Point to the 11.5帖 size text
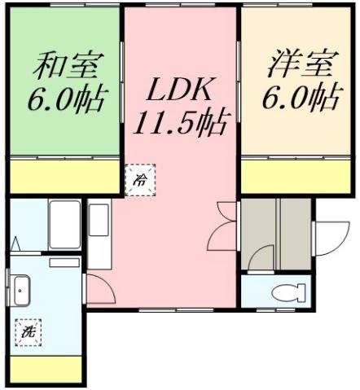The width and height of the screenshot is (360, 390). click(181, 124)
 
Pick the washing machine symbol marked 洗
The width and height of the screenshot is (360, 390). click(29, 331)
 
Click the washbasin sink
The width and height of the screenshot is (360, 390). click(21, 289)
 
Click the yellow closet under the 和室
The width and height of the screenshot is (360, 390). click(65, 177)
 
